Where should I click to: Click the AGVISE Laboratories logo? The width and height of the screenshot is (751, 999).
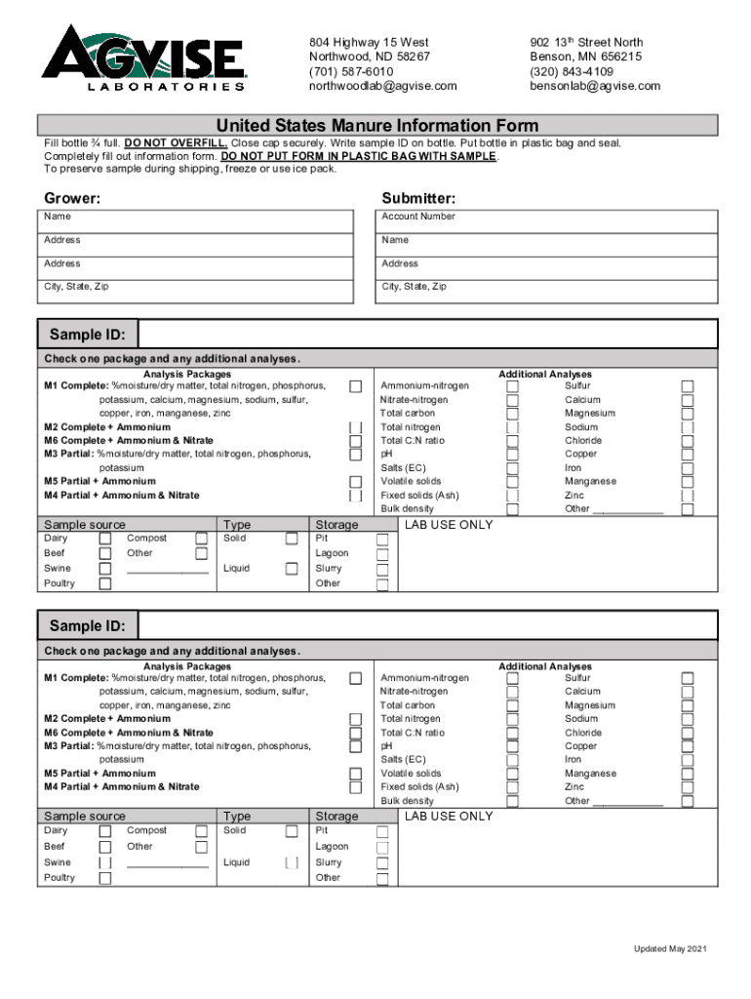[144, 59]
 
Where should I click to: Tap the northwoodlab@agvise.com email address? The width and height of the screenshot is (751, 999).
[382, 86]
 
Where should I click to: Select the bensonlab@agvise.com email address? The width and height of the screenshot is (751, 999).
[595, 86]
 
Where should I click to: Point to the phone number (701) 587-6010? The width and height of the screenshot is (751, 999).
[351, 72]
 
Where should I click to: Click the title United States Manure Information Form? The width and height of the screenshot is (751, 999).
[376, 126]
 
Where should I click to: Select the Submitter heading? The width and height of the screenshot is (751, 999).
[418, 198]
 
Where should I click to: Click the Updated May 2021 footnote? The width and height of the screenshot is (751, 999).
[676, 949]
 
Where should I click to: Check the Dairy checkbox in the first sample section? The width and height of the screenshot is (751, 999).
[105, 539]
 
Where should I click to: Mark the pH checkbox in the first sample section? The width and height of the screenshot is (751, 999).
[512, 455]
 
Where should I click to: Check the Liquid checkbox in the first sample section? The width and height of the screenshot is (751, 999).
[292, 569]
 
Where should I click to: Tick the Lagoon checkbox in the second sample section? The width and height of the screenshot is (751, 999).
[382, 847]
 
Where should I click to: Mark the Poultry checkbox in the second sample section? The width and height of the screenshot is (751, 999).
[105, 878]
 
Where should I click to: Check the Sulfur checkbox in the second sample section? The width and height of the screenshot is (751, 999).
[688, 678]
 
